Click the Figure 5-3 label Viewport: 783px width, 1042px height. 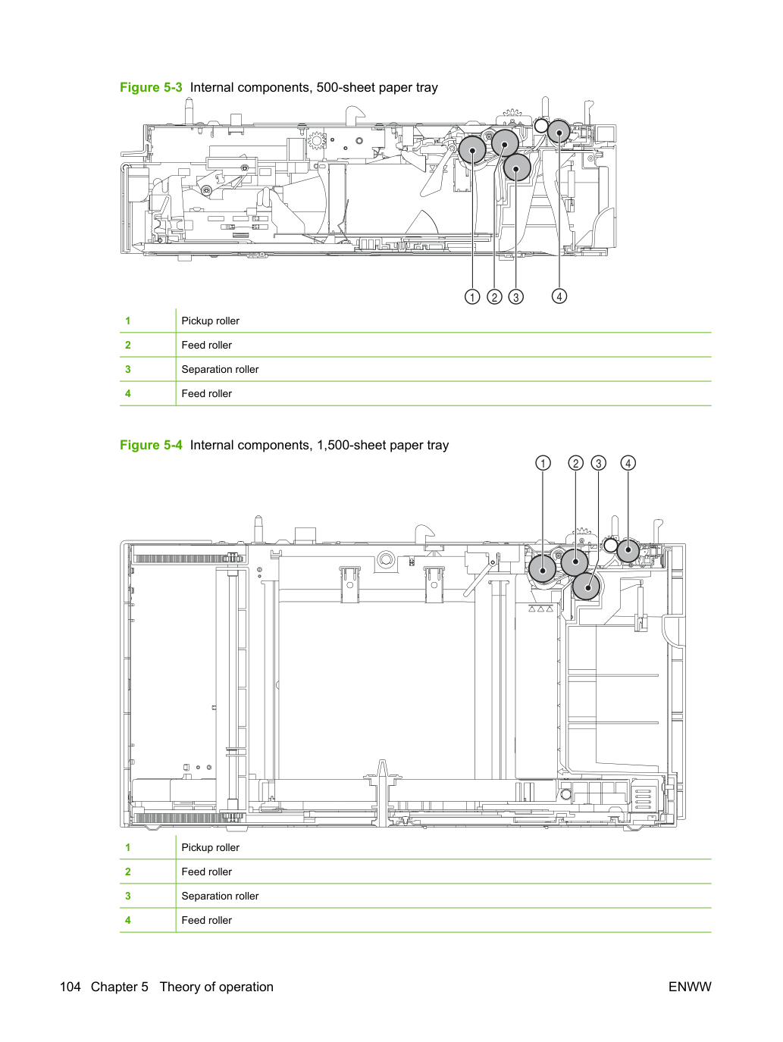(151, 87)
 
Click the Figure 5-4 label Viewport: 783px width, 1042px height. (151, 445)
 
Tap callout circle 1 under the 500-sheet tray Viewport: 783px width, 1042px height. (472, 297)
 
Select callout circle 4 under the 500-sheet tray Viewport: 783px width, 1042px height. (559, 296)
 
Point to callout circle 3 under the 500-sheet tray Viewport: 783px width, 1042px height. (515, 297)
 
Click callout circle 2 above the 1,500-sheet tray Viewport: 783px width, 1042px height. (575, 463)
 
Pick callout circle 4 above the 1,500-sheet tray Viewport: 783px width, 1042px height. (628, 463)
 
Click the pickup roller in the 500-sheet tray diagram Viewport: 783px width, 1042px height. (472, 149)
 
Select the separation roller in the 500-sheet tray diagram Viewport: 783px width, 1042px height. (517, 167)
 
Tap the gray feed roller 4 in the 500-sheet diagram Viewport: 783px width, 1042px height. (559, 132)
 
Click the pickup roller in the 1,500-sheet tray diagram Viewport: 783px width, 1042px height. (542, 568)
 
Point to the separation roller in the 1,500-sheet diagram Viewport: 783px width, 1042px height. (587, 587)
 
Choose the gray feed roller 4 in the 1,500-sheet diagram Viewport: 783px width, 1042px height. (628, 551)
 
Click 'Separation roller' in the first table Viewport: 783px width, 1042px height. (220, 369)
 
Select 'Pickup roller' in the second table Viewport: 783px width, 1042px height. (211, 847)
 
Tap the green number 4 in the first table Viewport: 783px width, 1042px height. (128, 393)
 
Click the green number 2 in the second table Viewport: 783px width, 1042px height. (128, 871)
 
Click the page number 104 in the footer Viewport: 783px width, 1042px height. (70, 987)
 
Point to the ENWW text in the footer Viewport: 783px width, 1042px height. (690, 987)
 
